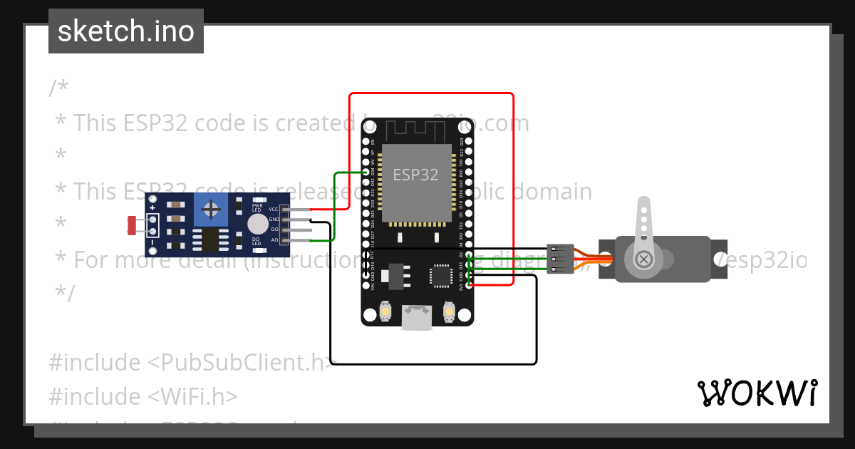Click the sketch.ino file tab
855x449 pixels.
126,31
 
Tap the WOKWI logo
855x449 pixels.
757,393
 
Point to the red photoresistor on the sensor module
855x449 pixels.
132,224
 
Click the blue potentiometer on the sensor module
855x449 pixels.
211,209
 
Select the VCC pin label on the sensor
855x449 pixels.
274,210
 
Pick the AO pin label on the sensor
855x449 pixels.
274,239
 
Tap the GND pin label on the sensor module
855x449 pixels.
274,220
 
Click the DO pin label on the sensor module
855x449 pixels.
274,229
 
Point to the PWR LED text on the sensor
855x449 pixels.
257,208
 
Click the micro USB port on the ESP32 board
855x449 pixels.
417,317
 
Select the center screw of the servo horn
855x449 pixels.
643,259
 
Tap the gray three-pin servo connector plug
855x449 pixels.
561,259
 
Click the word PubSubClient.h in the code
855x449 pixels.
242,363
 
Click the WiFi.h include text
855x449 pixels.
192,396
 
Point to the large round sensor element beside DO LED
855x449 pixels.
258,224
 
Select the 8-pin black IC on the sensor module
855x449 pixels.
209,240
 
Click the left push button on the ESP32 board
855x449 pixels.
385,311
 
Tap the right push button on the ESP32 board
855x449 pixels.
449,311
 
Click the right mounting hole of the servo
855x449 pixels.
720,259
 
